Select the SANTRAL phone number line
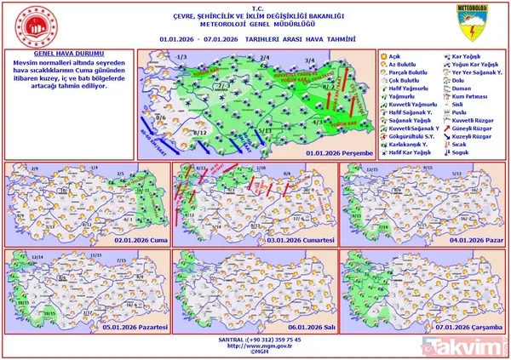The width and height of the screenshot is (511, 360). [x=255, y=338]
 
